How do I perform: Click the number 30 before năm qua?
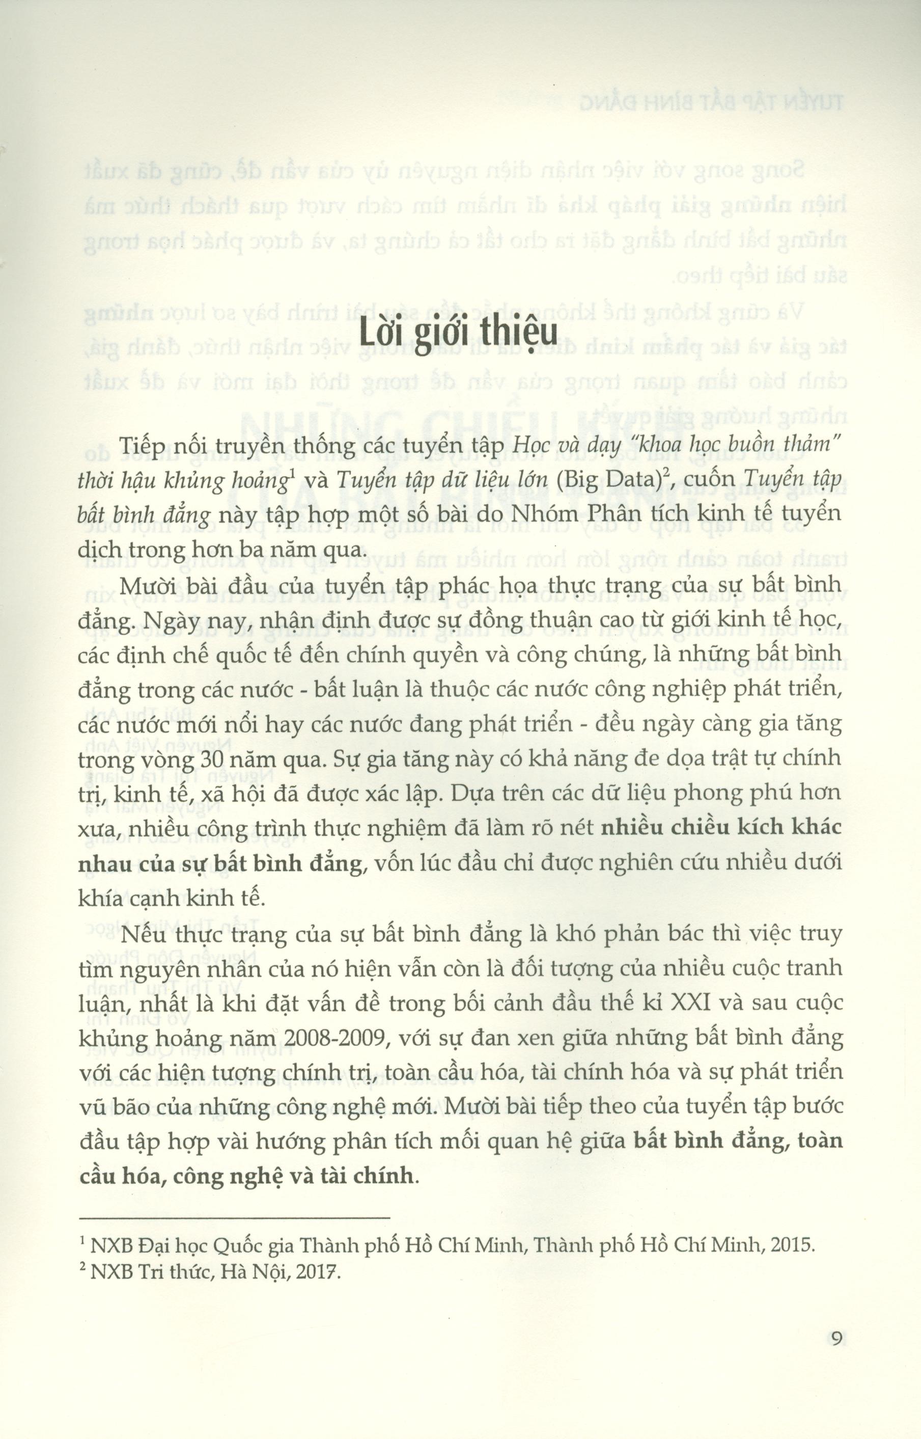tap(212, 760)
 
